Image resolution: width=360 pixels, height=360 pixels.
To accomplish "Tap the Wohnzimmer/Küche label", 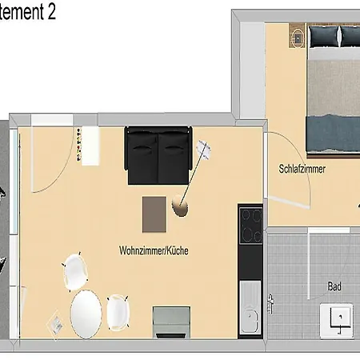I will (x=154, y=250).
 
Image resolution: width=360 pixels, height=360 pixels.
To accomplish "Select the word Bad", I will (x=334, y=286).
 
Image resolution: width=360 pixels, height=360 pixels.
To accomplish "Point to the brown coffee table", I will (x=156, y=213).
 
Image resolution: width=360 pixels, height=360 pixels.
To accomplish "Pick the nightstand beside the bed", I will (x=297, y=36).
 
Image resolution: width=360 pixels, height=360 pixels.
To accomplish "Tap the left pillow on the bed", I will (x=326, y=35).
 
